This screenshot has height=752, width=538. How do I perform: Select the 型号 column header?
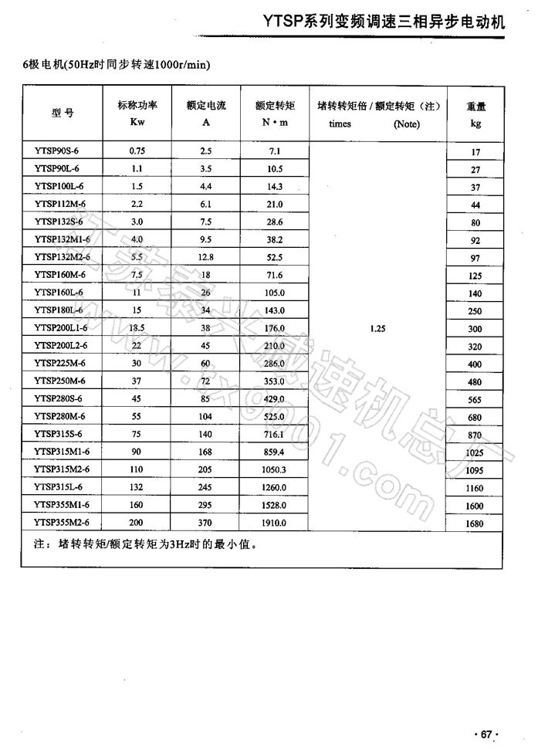click(63, 112)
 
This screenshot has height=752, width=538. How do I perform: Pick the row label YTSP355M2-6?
click(63, 523)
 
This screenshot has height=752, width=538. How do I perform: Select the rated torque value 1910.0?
click(274, 523)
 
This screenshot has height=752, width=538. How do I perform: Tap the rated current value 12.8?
click(205, 257)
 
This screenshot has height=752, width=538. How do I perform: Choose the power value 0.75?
click(137, 151)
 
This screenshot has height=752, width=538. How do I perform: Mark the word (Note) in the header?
click(406, 124)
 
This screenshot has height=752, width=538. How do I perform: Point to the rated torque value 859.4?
click(274, 452)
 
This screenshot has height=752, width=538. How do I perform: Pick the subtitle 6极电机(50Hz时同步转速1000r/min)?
click(117, 63)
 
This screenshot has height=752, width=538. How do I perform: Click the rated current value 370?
click(205, 523)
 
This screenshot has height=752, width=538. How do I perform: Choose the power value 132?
click(137, 487)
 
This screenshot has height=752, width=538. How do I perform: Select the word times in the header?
click(340, 124)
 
